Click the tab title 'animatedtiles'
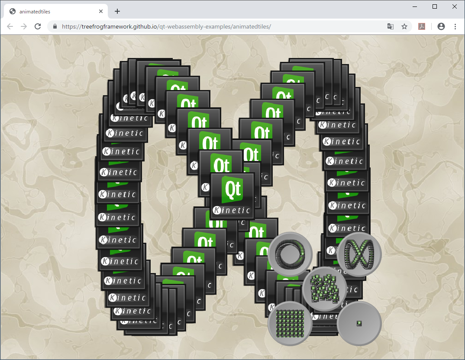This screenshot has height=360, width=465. pos(35,12)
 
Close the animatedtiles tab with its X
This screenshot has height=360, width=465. pos(101,12)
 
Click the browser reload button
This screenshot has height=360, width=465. pos(38,26)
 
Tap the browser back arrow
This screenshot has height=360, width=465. pos(10,26)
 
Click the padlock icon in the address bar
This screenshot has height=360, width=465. pos(55,26)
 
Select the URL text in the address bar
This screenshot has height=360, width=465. pos(166,26)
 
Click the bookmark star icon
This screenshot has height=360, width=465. pos(404,26)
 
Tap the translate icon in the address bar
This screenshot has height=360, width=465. pos(391,26)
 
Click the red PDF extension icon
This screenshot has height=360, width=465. pos(421,26)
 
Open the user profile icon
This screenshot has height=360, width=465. pos(441,26)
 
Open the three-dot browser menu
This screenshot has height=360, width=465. pos(455,26)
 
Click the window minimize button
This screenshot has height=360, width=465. pos(415,6)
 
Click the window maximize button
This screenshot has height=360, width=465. pos(435,6)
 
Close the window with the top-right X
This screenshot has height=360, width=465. pos(455,6)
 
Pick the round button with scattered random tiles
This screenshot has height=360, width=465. pos(324,289)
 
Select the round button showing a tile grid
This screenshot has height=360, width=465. pos(290,323)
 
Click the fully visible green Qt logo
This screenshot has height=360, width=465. pos(232,189)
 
